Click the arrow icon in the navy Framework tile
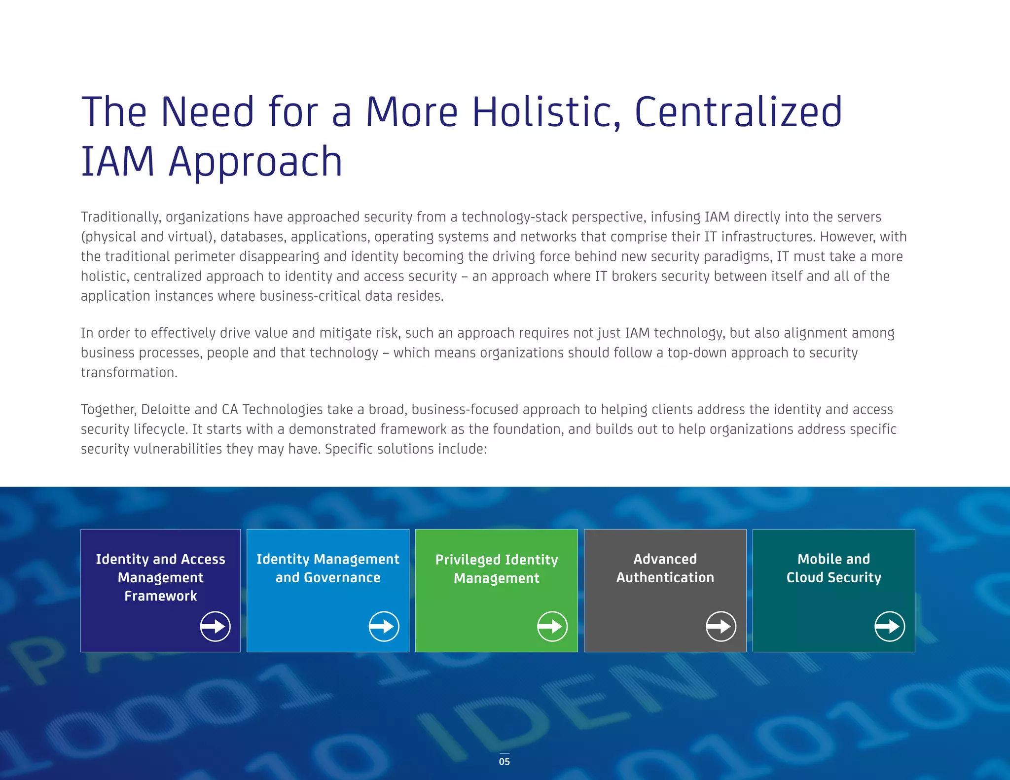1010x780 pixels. tap(215, 627)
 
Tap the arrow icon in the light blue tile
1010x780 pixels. tap(384, 627)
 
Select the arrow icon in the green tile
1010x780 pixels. tap(552, 627)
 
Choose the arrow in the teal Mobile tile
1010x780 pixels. tap(890, 627)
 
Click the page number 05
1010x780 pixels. tap(504, 761)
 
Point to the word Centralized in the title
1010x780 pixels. tap(738, 112)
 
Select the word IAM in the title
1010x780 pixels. tap(118, 162)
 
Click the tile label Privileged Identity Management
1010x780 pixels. tap(497, 568)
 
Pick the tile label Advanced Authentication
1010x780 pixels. tap(665, 568)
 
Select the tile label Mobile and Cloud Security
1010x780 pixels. tap(833, 568)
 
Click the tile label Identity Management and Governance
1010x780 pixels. tap(328, 568)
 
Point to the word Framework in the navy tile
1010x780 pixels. tap(161, 596)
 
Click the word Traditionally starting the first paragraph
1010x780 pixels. tap(121, 217)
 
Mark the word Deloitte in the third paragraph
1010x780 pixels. tap(166, 409)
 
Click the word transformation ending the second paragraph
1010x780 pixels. tap(129, 372)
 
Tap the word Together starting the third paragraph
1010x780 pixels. tap(108, 410)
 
